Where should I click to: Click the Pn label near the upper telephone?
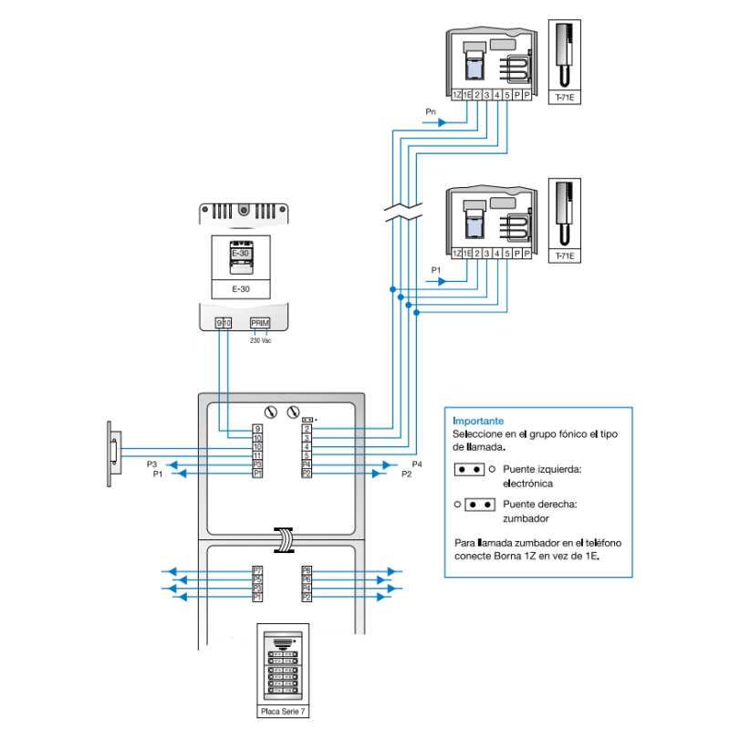[431, 111]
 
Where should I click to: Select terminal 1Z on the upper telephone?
[457, 94]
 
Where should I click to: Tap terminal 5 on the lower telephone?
[506, 252]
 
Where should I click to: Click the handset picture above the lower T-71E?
[566, 212]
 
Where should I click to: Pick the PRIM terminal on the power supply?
[260, 322]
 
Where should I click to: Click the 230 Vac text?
[261, 340]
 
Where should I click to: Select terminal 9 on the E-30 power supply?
[219, 322]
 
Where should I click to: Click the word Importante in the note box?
[477, 422]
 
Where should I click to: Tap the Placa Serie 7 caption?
[285, 712]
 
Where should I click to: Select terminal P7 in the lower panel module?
[257, 571]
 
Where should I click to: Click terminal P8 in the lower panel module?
[307, 571]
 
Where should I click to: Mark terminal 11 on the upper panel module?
[257, 454]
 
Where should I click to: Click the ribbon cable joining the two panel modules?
[284, 539]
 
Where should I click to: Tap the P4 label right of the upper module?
[417, 464]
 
